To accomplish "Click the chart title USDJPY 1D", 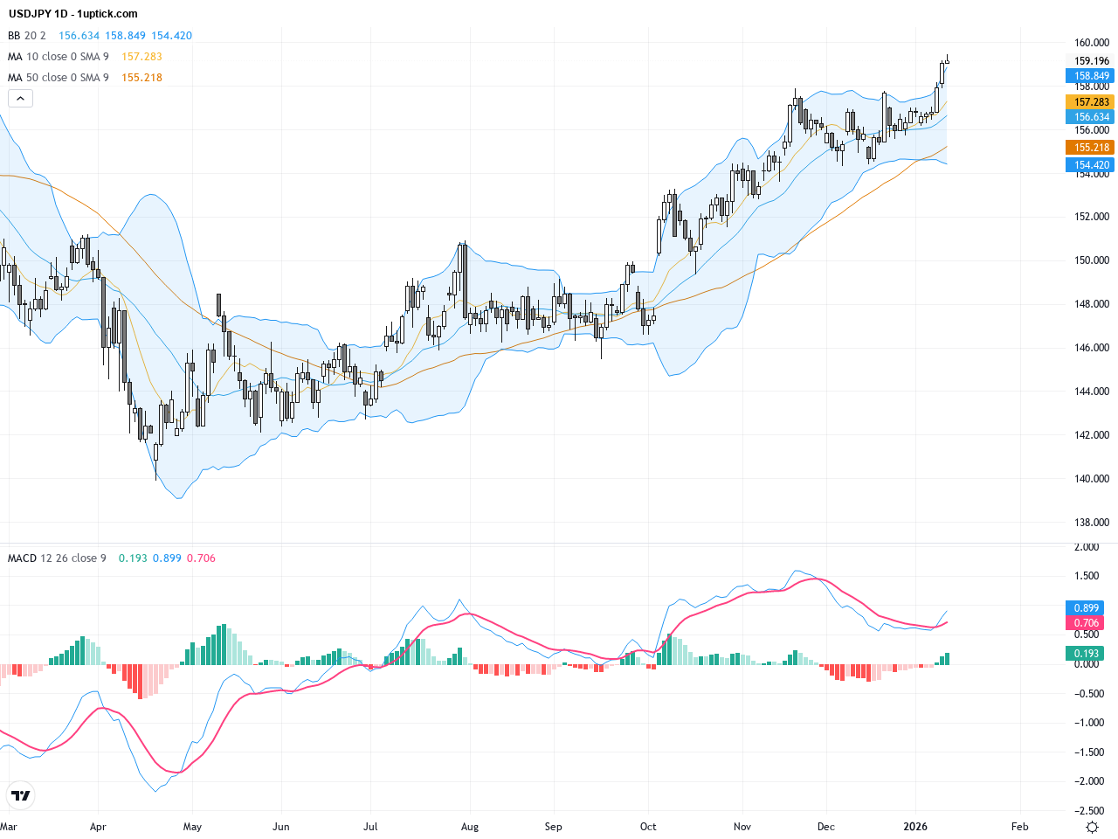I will point(39,14).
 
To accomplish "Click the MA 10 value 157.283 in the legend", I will point(141,57).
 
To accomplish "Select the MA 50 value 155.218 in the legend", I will point(141,78).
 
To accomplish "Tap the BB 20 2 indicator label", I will point(26,36).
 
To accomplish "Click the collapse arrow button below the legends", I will point(20,99).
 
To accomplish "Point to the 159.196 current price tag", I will point(1091,61).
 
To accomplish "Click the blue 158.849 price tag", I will point(1091,76).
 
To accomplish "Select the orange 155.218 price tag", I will point(1091,148).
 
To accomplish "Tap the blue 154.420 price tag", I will point(1091,165).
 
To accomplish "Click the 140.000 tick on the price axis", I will point(1091,479).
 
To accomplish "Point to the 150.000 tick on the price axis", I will point(1091,260).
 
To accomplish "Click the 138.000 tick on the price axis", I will point(1091,523).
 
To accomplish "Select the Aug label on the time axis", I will point(470,827).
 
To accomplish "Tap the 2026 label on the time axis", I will point(915,827).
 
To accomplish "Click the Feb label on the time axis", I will point(1019,827).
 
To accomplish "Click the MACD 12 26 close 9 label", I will point(57,558).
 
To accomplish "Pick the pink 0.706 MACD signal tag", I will point(1087,623).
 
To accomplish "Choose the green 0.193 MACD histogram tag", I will point(1087,654).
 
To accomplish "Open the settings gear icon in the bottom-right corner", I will point(1092,827).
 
